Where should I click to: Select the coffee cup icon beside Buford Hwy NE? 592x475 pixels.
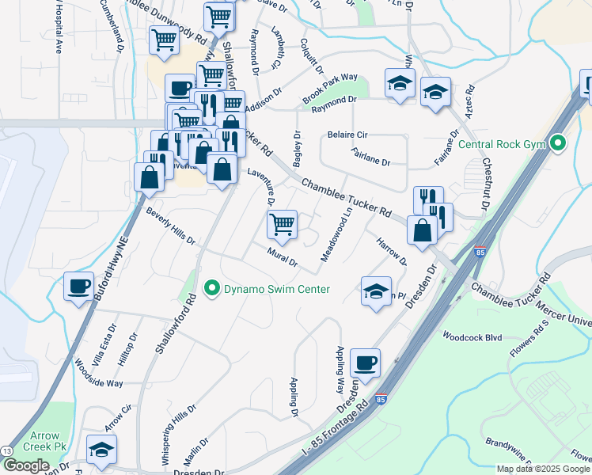pyautogui.click(x=78, y=287)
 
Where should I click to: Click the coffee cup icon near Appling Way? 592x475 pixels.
pyautogui.click(x=365, y=363)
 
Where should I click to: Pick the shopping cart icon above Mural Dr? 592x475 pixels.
pyautogui.click(x=282, y=225)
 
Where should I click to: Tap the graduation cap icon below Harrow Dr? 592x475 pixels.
pyautogui.click(x=376, y=291)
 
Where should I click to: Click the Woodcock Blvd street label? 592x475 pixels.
pyautogui.click(x=472, y=336)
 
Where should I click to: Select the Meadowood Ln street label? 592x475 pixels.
pyautogui.click(x=336, y=235)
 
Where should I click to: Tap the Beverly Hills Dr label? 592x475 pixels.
pyautogui.click(x=170, y=226)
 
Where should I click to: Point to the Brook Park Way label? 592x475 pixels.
pyautogui.click(x=330, y=89)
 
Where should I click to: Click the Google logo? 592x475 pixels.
pyautogui.click(x=27, y=465)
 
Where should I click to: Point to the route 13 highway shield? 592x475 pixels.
pyautogui.click(x=6, y=450)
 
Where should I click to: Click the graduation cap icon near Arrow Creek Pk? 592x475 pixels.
pyautogui.click(x=101, y=450)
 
